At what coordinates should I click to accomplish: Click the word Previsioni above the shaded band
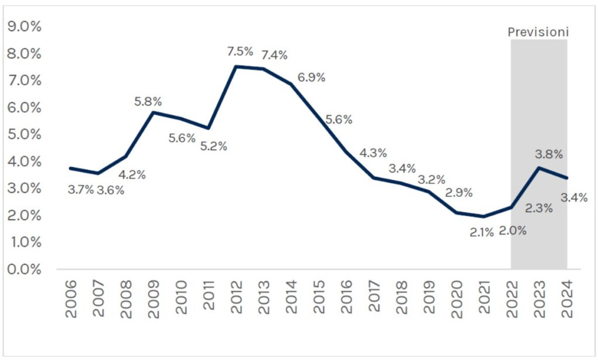(x=538, y=32)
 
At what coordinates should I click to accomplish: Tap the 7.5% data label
(x=240, y=51)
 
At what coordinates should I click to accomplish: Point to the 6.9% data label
(x=311, y=78)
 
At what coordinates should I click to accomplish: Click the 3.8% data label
(x=549, y=155)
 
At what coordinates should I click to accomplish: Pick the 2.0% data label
(x=513, y=230)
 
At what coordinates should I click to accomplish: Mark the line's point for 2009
(x=153, y=112)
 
